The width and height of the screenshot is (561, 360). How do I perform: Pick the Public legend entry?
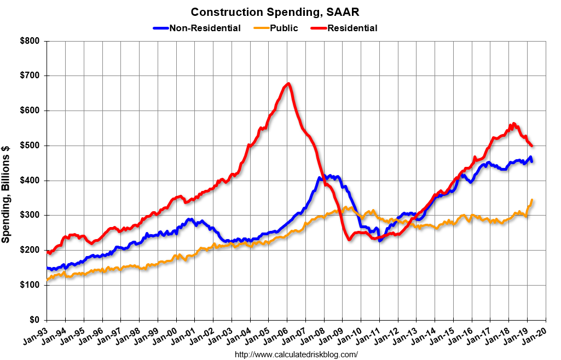pyautogui.click(x=284, y=28)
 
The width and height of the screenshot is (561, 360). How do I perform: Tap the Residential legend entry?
pyautogui.click(x=352, y=28)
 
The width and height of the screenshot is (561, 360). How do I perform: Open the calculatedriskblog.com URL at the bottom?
pyautogui.click(x=296, y=355)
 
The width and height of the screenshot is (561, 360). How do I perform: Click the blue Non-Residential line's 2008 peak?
pyautogui.click(x=323, y=176)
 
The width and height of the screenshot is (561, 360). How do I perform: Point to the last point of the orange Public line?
pyautogui.click(x=532, y=200)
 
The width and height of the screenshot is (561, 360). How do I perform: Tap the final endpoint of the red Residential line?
pyautogui.click(x=532, y=146)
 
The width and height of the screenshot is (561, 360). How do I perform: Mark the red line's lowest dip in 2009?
pyautogui.click(x=349, y=239)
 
